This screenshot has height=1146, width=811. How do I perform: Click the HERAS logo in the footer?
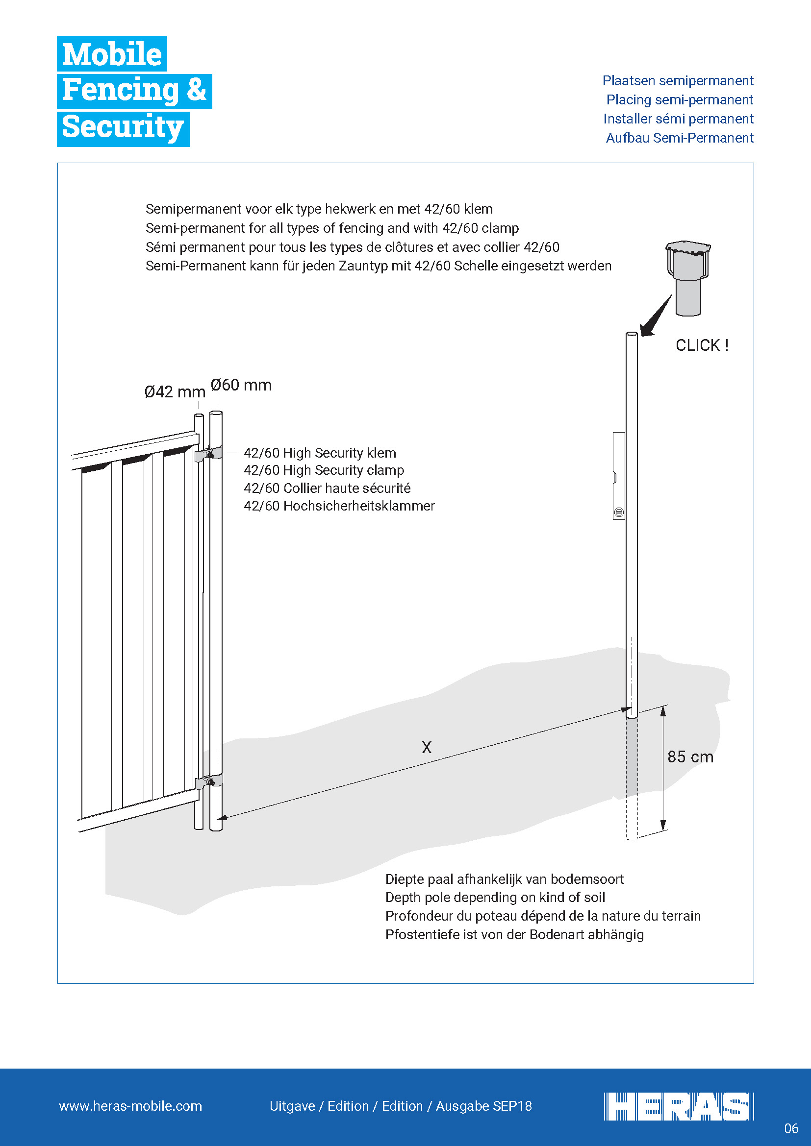pyautogui.click(x=678, y=1106)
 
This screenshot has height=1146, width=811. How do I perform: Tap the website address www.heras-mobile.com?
pyautogui.click(x=130, y=1106)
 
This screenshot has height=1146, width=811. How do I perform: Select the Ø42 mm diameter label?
pyautogui.click(x=175, y=392)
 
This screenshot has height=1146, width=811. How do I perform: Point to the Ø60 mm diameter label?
pyautogui.click(x=241, y=385)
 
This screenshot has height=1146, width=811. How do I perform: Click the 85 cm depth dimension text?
pyautogui.click(x=690, y=756)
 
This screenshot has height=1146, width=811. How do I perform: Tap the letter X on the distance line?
pyautogui.click(x=427, y=747)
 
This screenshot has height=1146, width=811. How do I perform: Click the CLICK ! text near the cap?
pyautogui.click(x=702, y=345)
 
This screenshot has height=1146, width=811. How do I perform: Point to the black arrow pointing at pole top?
pyautogui.click(x=657, y=316)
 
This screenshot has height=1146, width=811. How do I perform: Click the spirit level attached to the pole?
pyautogui.click(x=619, y=476)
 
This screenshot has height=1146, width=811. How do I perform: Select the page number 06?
pyautogui.click(x=791, y=1128)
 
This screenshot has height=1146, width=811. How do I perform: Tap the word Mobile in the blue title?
pyautogui.click(x=112, y=54)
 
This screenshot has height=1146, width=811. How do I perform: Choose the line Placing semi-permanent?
pyautogui.click(x=679, y=100)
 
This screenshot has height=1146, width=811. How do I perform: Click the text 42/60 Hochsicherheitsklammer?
pyautogui.click(x=339, y=506)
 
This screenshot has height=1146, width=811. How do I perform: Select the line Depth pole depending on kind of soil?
pyautogui.click(x=495, y=898)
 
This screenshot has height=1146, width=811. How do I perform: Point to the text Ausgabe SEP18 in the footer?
pyautogui.click(x=483, y=1106)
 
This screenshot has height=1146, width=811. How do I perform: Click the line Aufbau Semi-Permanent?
pyautogui.click(x=679, y=138)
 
